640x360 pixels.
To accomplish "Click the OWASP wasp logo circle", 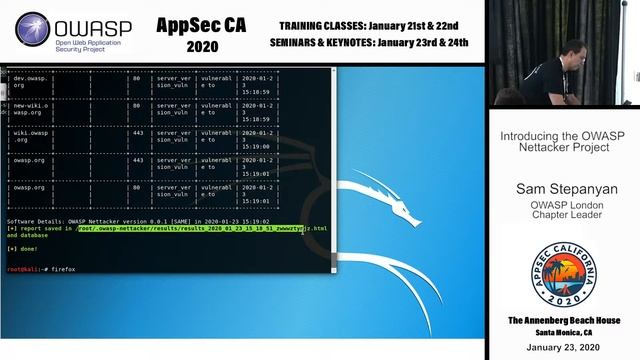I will (33, 30).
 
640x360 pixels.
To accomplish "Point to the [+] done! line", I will (22, 248).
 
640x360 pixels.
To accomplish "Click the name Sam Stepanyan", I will (561, 189).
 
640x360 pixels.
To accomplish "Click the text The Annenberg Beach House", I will (561, 320).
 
